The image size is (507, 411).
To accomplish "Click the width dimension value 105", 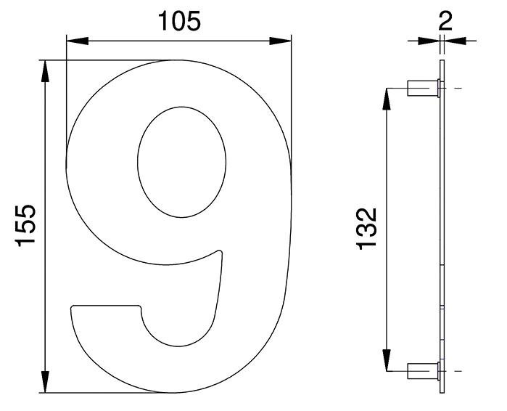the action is pyautogui.click(x=179, y=21).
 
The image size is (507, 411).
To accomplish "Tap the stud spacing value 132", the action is pyautogui.click(x=367, y=229).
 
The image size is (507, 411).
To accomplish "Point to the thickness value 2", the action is pyautogui.click(x=445, y=21).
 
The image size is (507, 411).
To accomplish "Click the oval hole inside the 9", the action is pyautogui.click(x=182, y=162).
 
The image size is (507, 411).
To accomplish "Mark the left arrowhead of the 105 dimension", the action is pyautogui.click(x=78, y=41).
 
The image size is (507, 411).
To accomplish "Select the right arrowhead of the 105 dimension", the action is pyautogui.click(x=281, y=41).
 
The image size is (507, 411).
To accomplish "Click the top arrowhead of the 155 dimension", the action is pyautogui.click(x=45, y=71).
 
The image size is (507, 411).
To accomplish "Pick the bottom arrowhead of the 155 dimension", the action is pyautogui.click(x=45, y=382).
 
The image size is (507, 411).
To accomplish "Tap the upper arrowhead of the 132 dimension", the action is pyautogui.click(x=387, y=99).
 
